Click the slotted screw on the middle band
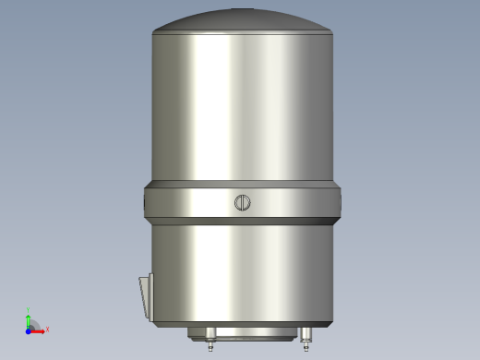241,202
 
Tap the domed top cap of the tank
242,20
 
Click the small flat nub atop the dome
242,9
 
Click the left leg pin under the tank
210,339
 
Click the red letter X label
47,330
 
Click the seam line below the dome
242,35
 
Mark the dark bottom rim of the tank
242,324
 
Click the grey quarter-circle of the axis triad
33,324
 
